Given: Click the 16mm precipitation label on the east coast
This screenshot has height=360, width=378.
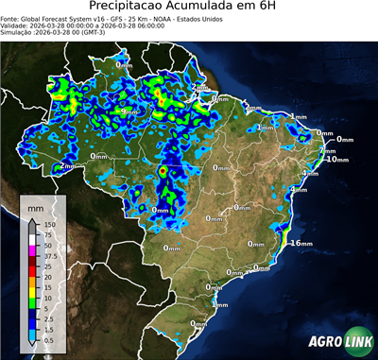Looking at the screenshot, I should point(301,243).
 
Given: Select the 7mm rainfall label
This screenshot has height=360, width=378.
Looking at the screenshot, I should point(328,150).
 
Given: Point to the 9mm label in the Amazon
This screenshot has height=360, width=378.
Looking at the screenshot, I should point(129,111).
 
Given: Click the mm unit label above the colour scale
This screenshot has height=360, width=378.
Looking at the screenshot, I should point(35,205).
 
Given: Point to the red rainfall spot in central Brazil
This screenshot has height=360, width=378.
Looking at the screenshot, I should point(162,171).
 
